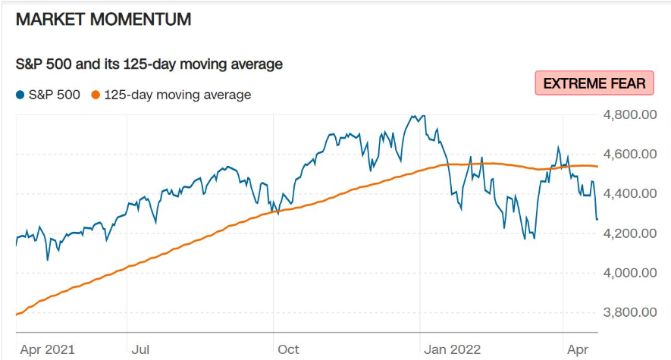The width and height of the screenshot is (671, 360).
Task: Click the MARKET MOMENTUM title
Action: pos(103,20)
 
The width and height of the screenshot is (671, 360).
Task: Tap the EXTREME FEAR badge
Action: pos(594,83)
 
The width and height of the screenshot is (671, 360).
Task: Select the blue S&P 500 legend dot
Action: pos(20,95)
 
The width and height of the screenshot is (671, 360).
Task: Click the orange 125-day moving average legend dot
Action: pos(96,95)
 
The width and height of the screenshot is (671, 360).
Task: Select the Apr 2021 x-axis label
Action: pos(48,349)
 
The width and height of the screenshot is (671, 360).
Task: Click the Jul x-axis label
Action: pos(140,349)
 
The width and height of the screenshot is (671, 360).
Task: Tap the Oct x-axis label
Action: pos(288,349)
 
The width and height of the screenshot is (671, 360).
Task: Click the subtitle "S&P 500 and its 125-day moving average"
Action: pos(149,64)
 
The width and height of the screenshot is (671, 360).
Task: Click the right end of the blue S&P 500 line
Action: pos(597,219)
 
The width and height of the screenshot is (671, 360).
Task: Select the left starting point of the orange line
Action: pos(16,314)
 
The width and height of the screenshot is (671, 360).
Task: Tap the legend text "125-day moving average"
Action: pos(177,95)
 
